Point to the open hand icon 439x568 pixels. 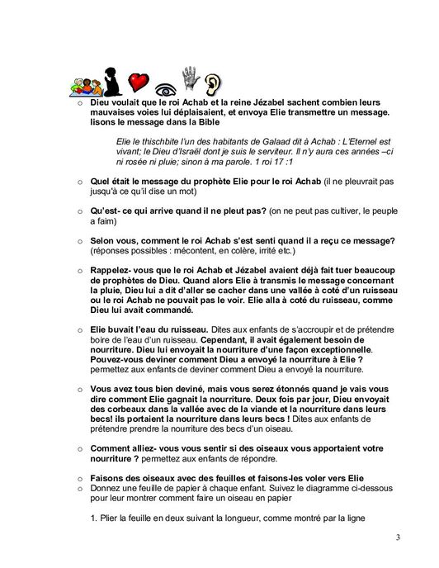pyautogui.click(x=191, y=78)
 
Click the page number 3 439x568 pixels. pyautogui.click(x=397, y=538)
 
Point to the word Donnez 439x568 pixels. pyautogui.click(x=106, y=489)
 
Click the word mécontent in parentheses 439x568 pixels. pyautogui.click(x=182, y=250)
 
